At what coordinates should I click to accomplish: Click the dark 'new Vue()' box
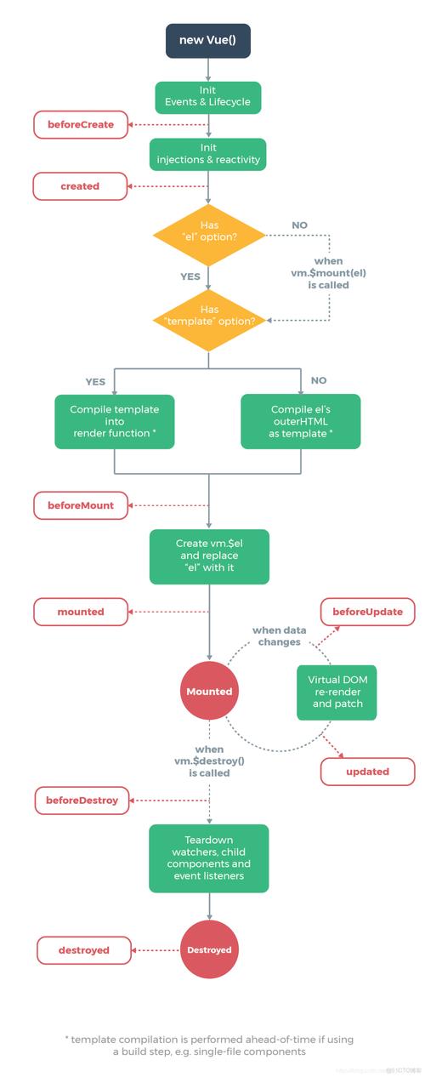coord(208,40)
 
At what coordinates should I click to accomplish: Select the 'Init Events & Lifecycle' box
coord(208,98)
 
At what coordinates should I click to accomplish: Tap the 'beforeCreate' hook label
coord(80,125)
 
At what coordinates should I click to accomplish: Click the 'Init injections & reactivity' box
coord(208,152)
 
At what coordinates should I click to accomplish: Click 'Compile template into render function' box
coord(115,420)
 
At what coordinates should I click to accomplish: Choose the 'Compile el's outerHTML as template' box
coord(301,420)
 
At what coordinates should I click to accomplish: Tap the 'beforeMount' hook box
coord(80,505)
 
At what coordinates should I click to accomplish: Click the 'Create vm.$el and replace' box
coord(208,556)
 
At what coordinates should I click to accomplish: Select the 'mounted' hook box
coord(80,612)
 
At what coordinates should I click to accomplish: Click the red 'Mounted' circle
coord(209,692)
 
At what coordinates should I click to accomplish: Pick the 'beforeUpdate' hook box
coord(367,612)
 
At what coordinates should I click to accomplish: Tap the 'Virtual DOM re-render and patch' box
coord(337,692)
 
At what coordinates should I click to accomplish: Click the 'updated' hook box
coord(367,771)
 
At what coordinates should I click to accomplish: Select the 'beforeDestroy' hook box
coord(82,801)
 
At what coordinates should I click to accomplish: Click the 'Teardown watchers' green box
coord(208,858)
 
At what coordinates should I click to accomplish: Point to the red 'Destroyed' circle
coord(209,949)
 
